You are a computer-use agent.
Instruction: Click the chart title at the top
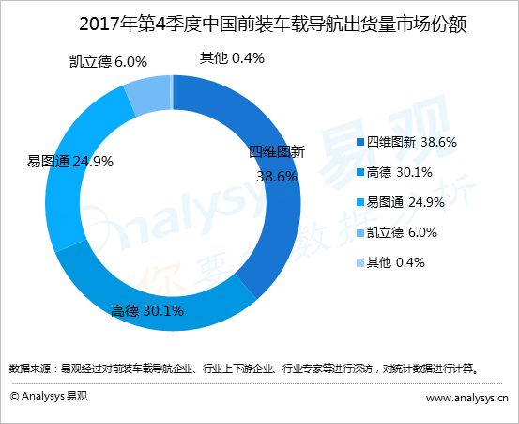273,24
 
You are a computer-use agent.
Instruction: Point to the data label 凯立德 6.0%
108,62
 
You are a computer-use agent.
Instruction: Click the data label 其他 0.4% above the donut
232,58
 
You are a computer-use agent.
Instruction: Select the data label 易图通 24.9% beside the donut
69,162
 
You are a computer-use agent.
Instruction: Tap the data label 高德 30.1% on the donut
147,311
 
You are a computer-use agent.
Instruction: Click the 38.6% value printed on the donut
277,177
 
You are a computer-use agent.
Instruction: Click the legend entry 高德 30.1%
394,172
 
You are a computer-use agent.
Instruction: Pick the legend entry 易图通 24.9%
401,202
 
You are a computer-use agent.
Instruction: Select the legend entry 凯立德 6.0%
397,232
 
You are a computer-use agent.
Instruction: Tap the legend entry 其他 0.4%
391,262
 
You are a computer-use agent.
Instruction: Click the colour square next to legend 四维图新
360,143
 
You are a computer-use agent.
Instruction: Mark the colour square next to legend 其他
360,263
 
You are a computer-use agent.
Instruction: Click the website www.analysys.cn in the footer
466,398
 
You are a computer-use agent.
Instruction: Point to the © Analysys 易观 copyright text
49,396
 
